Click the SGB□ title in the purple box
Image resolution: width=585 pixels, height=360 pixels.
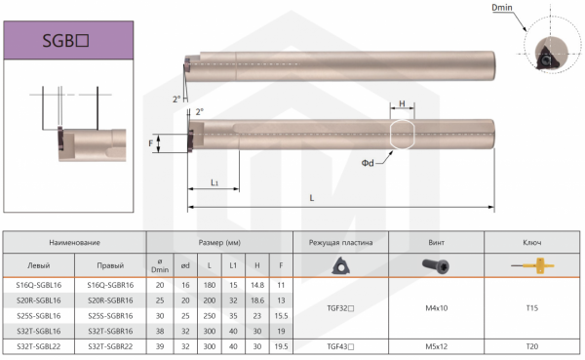click(x=65, y=40)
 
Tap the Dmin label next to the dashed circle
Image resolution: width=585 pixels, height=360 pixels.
click(x=502, y=8)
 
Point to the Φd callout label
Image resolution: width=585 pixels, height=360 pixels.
click(x=368, y=163)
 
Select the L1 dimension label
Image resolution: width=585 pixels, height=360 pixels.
click(x=214, y=182)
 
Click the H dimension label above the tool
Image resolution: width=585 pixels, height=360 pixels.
click(x=402, y=103)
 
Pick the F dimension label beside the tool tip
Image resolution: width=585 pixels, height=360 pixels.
click(x=151, y=143)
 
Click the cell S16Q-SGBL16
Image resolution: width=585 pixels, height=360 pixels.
click(x=39, y=285)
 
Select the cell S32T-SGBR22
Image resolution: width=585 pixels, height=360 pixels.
click(x=110, y=346)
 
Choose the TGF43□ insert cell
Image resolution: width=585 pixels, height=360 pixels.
click(x=340, y=346)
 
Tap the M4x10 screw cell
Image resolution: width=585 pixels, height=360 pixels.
click(x=436, y=308)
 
